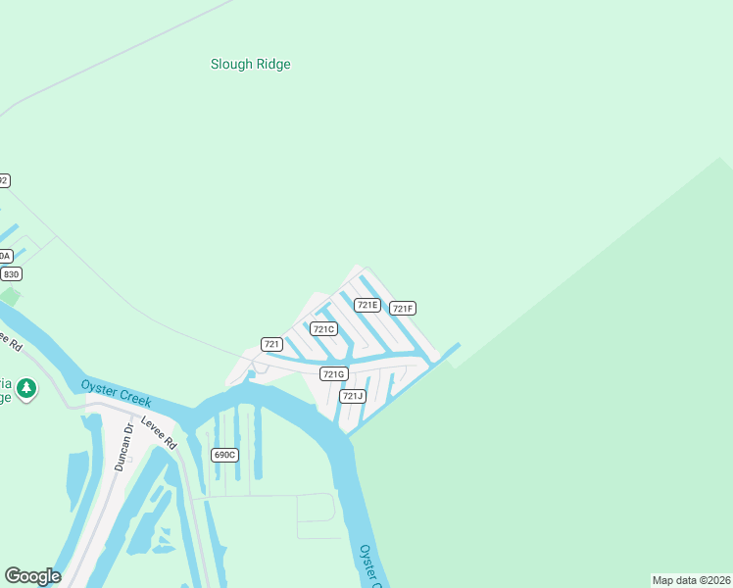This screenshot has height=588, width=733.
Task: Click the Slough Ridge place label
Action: [x=251, y=65]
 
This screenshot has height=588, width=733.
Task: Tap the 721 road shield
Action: [x=272, y=344]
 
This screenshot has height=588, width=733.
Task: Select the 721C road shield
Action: [x=323, y=329]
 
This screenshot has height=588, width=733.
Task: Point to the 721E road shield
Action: [x=367, y=305]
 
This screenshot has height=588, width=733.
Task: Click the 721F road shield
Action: [x=403, y=309]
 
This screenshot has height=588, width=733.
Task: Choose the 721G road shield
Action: [x=333, y=374]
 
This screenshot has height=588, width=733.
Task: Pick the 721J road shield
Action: [x=353, y=396]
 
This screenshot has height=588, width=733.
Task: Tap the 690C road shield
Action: [x=224, y=455]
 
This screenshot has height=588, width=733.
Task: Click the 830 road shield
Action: [x=10, y=274]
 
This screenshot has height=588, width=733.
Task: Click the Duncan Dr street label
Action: [x=122, y=449]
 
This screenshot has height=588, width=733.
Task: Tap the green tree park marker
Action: [x=26, y=389]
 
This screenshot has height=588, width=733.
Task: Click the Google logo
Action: [x=32, y=576]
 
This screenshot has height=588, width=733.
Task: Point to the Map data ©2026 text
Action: [x=692, y=580]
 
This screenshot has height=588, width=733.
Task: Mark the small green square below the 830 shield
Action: [x=10, y=295]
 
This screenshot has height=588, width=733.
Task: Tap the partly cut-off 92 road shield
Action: [x=4, y=180]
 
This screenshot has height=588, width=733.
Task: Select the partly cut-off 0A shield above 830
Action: [x=5, y=256]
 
